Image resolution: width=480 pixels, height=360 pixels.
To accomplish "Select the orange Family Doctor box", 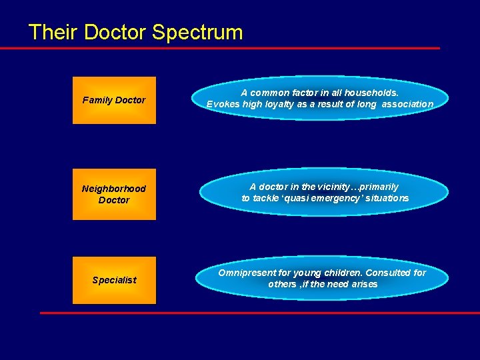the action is [x=114, y=100].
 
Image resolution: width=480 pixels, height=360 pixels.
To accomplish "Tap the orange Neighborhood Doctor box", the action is [x=114, y=194].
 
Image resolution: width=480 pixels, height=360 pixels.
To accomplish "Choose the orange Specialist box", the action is [x=114, y=280].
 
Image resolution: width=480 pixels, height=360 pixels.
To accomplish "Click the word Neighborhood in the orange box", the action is [x=114, y=189].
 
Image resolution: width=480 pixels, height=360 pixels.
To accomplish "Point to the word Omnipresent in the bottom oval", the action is [x=246, y=273].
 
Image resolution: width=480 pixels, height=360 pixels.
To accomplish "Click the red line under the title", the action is [x=220, y=48].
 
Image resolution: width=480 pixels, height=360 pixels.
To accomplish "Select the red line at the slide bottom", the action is [x=260, y=313].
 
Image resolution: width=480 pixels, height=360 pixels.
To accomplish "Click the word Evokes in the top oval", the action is [x=221, y=104].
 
